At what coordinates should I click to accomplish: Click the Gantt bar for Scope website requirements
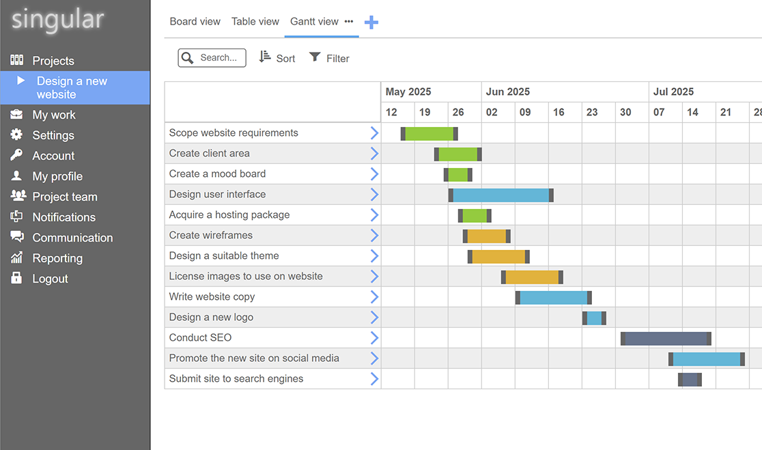(429, 133)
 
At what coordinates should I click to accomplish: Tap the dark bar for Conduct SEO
(666, 339)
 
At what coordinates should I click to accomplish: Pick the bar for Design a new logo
(594, 318)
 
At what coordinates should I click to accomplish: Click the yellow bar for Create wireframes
(487, 236)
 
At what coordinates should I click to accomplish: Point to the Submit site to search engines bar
(690, 380)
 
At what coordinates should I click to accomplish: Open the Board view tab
(195, 22)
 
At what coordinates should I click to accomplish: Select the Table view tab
(255, 22)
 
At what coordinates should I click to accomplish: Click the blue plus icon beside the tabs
(371, 23)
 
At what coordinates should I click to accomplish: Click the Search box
(212, 58)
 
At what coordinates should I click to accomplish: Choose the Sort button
(277, 58)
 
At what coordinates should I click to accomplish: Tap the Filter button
(329, 58)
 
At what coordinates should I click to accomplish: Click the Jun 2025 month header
(507, 92)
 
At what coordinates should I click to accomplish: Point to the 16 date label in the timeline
(559, 112)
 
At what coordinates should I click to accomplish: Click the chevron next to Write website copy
(374, 297)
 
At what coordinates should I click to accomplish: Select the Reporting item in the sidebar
(57, 258)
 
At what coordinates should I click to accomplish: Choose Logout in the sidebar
(50, 279)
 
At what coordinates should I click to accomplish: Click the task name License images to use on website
(246, 277)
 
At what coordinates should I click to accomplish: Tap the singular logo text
(58, 20)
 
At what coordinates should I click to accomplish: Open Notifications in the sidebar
(63, 217)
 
